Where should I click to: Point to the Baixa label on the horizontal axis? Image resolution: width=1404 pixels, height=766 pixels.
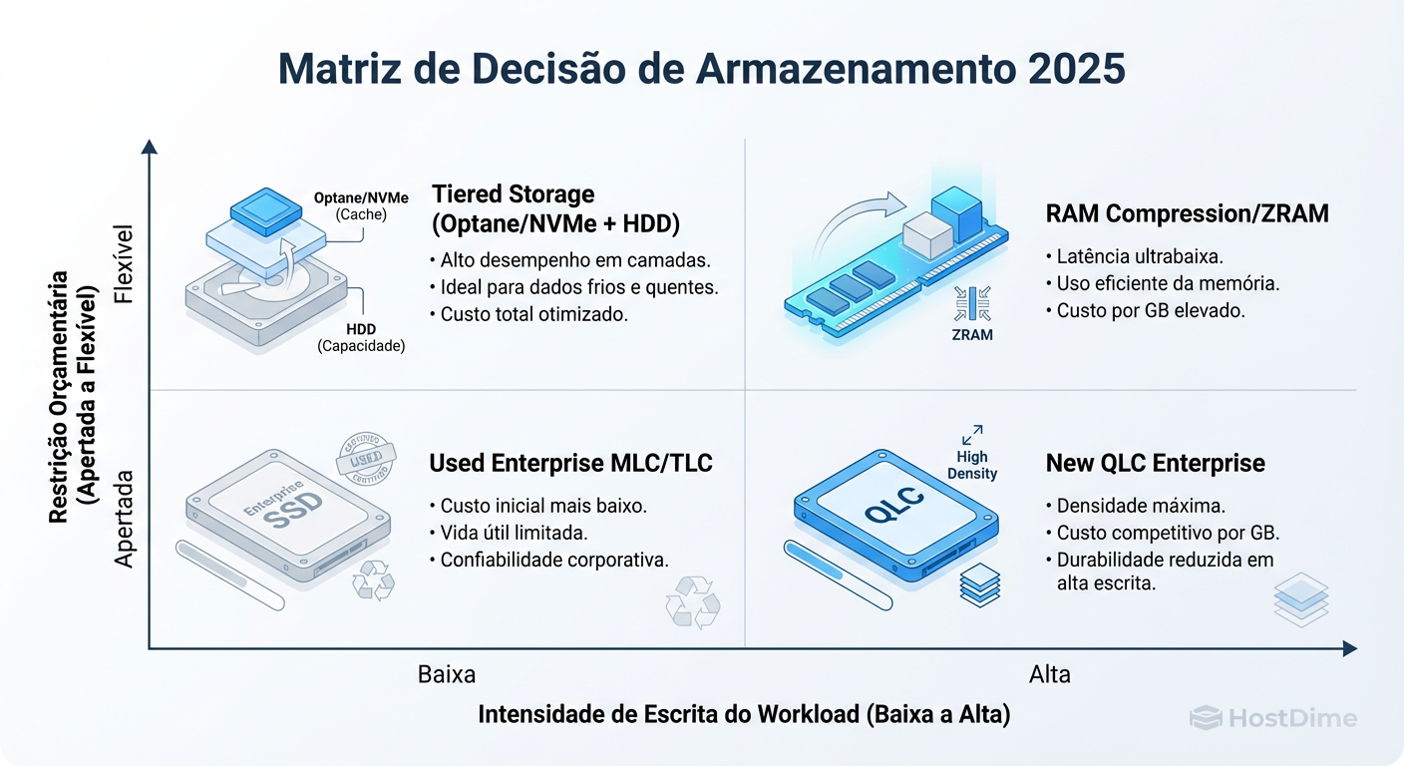447,674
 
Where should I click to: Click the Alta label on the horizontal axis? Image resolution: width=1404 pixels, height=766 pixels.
1049,674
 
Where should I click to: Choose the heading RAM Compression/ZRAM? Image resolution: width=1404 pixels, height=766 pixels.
1187,213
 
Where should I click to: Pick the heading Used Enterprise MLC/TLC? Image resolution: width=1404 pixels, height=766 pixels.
570,463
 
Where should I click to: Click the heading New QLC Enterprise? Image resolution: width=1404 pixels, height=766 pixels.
1155,463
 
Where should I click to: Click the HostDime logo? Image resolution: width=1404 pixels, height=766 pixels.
1273,718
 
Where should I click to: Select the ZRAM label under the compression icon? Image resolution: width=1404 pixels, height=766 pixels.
972,335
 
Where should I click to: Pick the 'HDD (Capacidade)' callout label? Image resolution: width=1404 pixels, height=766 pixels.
361,338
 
